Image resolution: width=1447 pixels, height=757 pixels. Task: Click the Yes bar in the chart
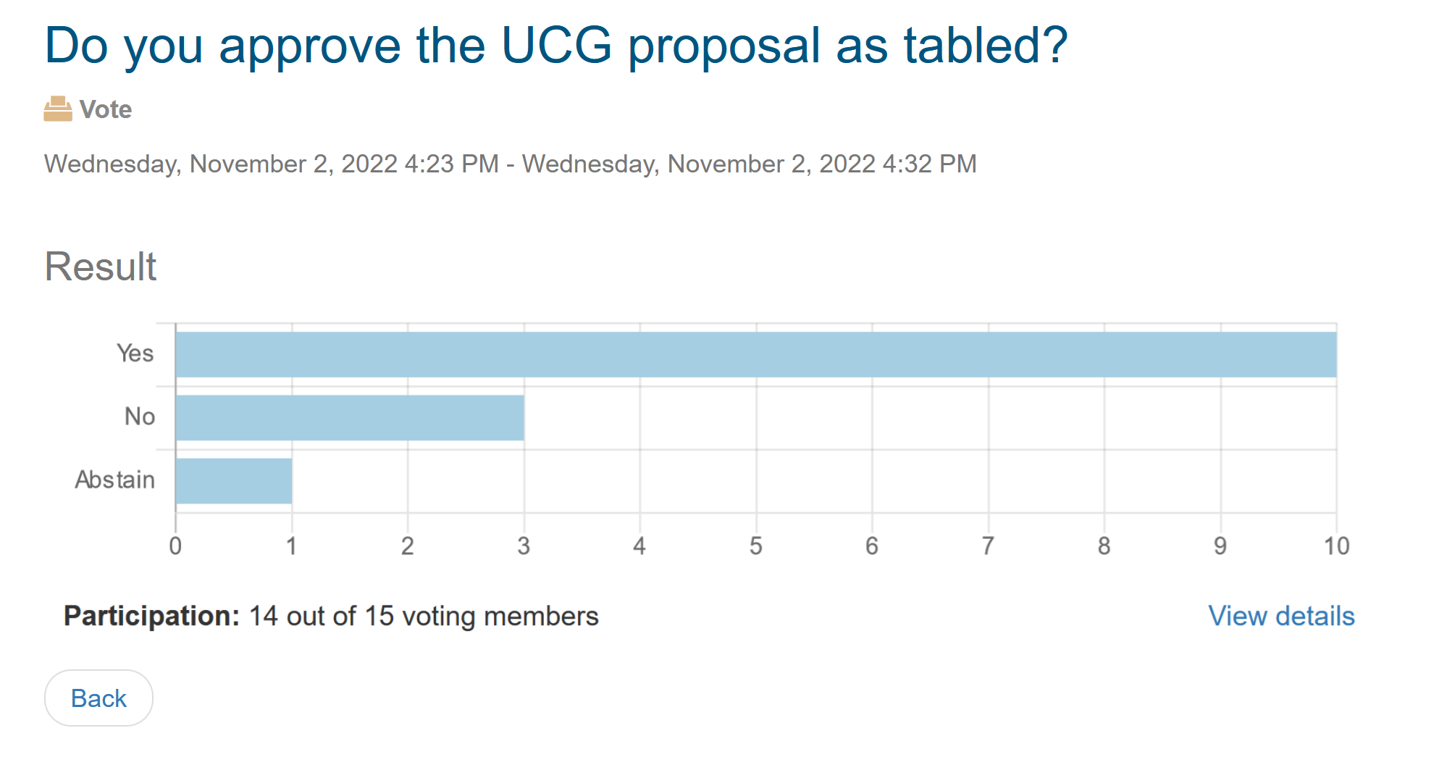[x=755, y=354]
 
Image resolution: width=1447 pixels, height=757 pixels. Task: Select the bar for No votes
[x=350, y=417]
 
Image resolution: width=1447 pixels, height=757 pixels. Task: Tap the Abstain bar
[x=234, y=481]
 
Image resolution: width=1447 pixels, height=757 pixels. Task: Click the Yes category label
[x=135, y=354]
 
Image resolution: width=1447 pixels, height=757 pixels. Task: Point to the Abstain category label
[x=115, y=480]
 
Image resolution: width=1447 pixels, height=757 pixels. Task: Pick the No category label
[x=140, y=417]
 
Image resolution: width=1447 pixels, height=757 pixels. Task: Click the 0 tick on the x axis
[x=175, y=546]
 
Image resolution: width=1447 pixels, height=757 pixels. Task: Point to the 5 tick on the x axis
[x=756, y=546]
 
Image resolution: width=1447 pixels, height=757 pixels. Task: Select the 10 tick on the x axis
[x=1336, y=546]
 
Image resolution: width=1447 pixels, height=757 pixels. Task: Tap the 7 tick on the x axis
[x=988, y=546]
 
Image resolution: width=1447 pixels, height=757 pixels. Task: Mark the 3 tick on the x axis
[x=524, y=546]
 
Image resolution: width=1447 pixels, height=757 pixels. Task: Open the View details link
[x=1281, y=616]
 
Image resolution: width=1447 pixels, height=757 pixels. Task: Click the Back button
[x=98, y=698]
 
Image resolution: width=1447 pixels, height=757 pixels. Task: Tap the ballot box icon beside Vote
[x=58, y=109]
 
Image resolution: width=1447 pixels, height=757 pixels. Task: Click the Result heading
[x=101, y=267]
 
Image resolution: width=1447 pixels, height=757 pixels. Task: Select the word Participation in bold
[x=151, y=616]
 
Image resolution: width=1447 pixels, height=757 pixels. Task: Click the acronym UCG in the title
[x=556, y=46]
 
